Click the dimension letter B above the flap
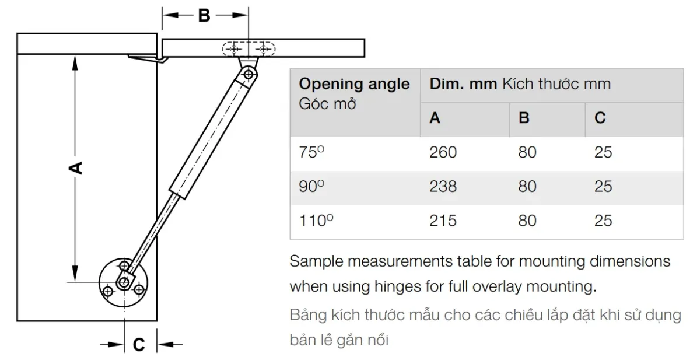pyautogui.click(x=204, y=15)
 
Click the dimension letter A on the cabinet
pyautogui.click(x=75, y=168)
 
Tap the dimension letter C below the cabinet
pyautogui.click(x=139, y=345)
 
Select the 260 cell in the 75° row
pyautogui.click(x=443, y=152)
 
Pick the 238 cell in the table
pyautogui.click(x=443, y=187)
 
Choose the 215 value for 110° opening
pyautogui.click(x=443, y=221)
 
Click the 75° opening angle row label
pyautogui.click(x=311, y=152)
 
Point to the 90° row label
pyautogui.click(x=311, y=186)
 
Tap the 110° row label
pyautogui.click(x=316, y=220)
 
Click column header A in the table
pyautogui.click(x=435, y=118)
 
